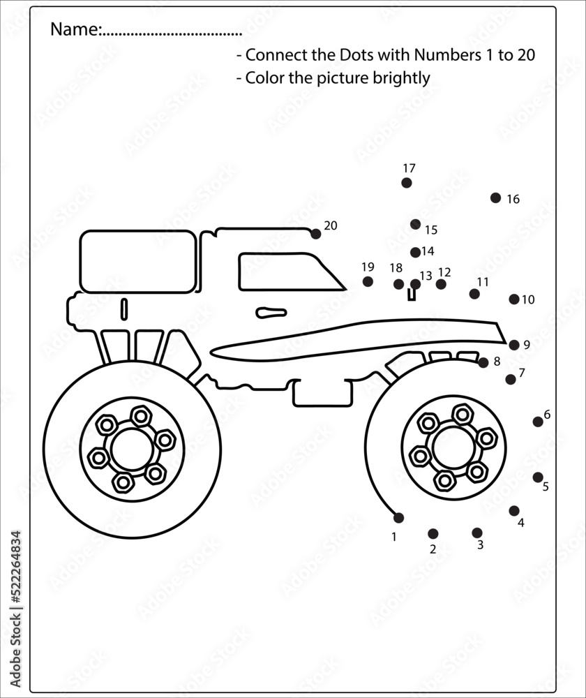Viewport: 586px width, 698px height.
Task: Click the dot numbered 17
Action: point(407,183)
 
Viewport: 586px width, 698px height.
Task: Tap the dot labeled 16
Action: point(495,198)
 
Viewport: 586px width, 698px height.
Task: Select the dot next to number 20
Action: point(316,234)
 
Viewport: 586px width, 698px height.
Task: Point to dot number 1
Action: point(398,518)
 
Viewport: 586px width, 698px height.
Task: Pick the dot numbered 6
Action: point(538,422)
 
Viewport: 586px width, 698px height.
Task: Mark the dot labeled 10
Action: point(514,299)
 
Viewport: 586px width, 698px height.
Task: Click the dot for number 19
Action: point(368,281)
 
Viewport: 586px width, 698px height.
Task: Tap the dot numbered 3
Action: point(477,533)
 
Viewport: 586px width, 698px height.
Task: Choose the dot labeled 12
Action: point(441,284)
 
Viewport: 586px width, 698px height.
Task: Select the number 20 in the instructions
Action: point(526,55)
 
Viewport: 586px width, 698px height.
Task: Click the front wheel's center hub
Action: point(453,447)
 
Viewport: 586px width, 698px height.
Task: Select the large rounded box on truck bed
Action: point(138,261)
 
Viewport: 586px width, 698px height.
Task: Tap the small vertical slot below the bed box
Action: point(124,309)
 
